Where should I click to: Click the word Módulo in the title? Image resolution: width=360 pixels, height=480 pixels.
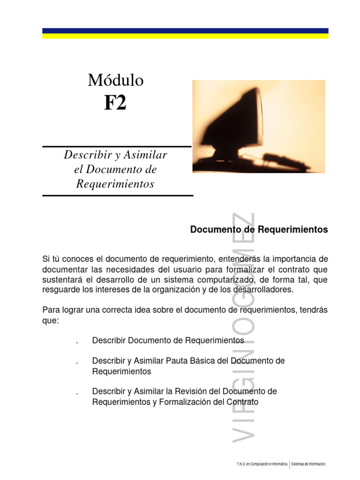coord(115,81)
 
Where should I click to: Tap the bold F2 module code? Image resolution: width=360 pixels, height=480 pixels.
coord(115,103)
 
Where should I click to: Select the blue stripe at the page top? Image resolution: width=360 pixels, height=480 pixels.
coord(185,30)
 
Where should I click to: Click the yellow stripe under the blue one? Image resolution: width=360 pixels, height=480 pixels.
coord(185,36)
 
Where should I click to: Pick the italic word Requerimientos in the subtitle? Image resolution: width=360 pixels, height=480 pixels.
coord(115,184)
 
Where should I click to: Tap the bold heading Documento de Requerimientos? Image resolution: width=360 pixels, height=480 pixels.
coord(259,230)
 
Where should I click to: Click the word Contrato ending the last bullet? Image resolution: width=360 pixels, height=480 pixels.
coord(242,402)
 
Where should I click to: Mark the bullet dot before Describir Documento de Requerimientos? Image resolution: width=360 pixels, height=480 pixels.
coord(76,341)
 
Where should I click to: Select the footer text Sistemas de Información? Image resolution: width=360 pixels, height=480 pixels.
coord(308,465)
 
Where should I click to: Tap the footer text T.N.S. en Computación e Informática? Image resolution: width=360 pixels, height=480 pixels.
coord(262,465)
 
